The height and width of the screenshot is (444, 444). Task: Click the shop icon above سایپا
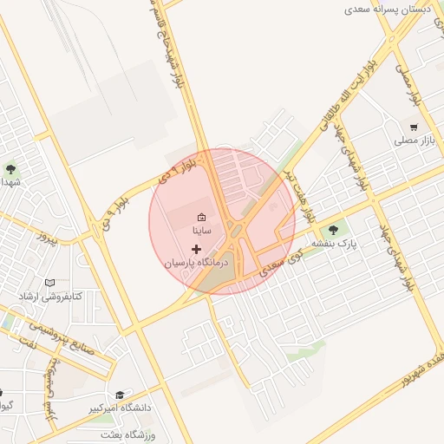201,217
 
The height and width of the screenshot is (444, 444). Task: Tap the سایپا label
201,232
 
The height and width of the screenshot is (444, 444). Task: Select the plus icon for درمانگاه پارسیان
196,250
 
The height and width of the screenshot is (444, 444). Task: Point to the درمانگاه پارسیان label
196,263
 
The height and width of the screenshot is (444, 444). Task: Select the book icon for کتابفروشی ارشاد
49,283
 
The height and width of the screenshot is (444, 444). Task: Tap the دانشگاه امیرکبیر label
120,407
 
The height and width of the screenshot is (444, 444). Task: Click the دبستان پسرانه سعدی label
388,9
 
